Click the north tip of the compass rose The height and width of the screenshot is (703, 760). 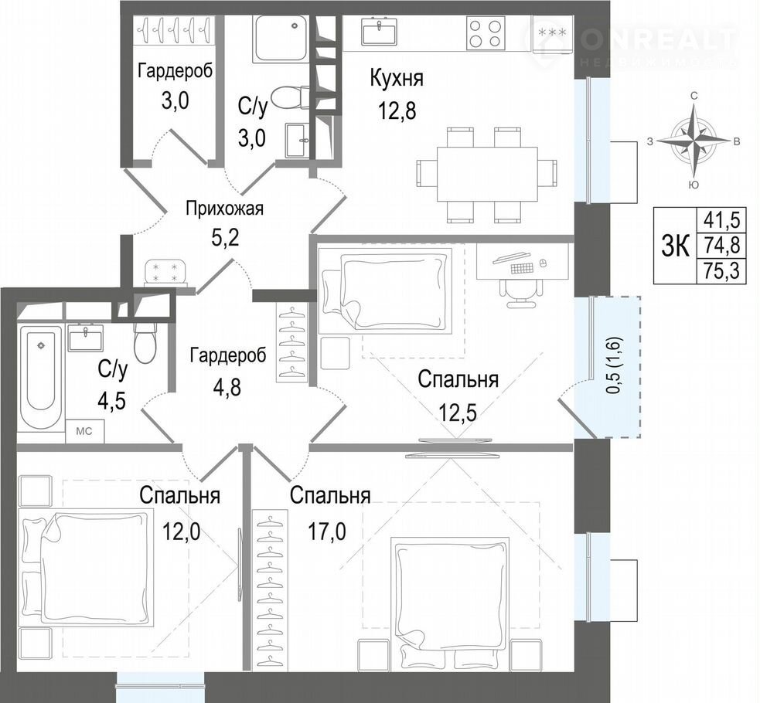694,104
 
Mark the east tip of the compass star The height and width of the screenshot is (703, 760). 730,141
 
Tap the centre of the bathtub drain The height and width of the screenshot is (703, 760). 41,345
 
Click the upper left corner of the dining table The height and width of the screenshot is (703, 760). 438,146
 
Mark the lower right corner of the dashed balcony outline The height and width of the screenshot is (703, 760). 640,437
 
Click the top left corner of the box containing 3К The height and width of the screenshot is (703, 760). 654,208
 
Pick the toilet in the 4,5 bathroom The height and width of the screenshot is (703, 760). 145,342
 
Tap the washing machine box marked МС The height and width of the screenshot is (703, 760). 85,431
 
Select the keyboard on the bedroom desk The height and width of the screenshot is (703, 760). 522,267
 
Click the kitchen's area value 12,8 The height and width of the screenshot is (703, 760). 397,110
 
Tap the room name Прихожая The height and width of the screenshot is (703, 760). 225,209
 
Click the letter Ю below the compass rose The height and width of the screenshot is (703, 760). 694,184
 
